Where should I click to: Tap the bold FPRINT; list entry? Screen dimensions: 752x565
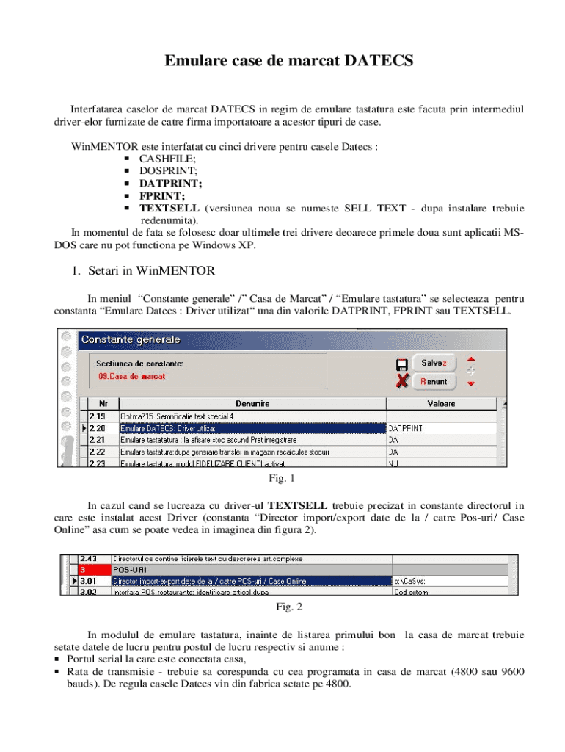click(162, 195)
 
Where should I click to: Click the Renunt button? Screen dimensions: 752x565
click(434, 382)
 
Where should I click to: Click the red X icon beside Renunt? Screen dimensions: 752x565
click(402, 382)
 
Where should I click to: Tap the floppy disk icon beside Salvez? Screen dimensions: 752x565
click(402, 364)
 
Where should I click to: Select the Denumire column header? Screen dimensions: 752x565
click(252, 404)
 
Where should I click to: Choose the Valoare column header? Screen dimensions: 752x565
click(441, 404)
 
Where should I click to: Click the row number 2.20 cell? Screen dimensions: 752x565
click(98, 428)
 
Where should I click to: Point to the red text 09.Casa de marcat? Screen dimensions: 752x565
click(131, 376)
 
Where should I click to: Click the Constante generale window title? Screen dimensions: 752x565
click(131, 340)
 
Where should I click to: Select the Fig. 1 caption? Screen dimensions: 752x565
click(282, 479)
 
